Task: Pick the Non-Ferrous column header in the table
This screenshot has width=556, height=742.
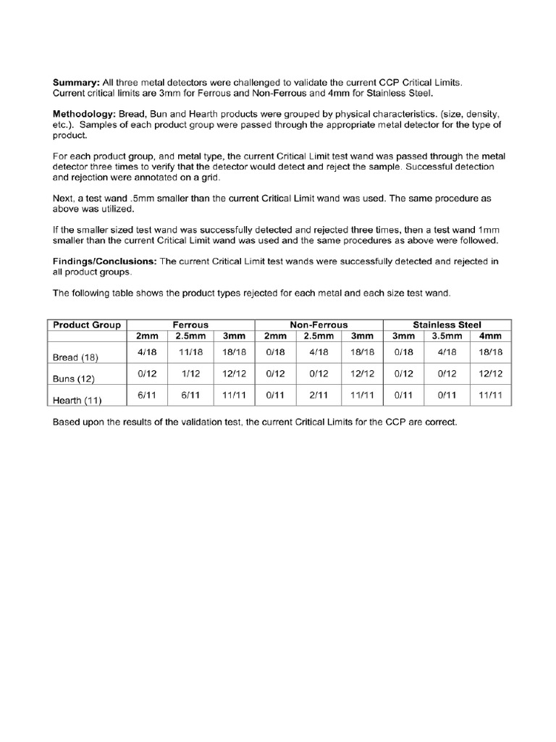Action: click(x=319, y=325)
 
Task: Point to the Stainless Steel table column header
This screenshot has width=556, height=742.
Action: click(x=447, y=325)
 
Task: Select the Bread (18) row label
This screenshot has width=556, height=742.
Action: click(x=75, y=357)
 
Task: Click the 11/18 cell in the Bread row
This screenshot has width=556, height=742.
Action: click(x=190, y=351)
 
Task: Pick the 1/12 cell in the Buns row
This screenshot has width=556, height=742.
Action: click(x=190, y=373)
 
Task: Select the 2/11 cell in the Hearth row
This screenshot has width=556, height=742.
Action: click(x=319, y=394)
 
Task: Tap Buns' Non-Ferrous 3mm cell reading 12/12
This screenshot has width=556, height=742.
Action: click(x=361, y=373)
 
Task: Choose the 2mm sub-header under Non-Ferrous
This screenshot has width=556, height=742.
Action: click(x=276, y=337)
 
